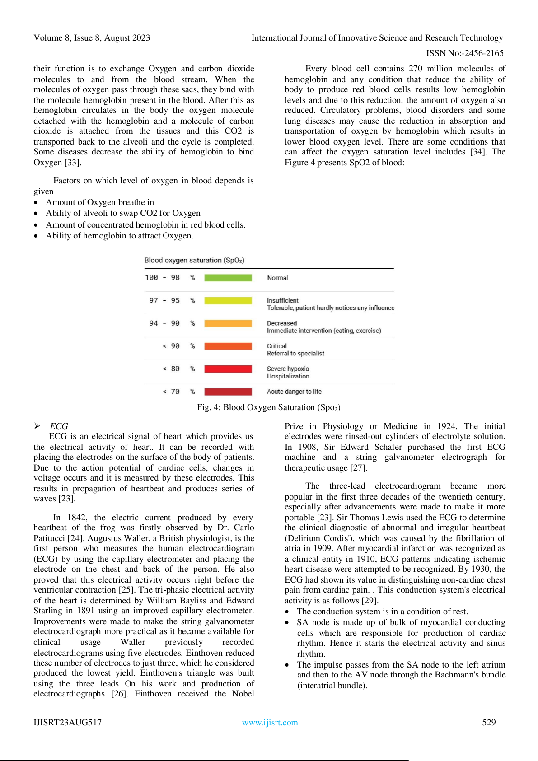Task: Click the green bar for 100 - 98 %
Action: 228,278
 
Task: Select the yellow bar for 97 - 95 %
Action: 228,301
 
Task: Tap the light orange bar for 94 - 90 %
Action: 228,323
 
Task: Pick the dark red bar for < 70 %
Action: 228,392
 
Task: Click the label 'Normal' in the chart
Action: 277,278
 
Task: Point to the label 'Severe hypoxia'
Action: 288,369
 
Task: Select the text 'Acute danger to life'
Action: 294,392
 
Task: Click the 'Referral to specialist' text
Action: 295,354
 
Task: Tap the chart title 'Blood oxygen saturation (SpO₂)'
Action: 194,260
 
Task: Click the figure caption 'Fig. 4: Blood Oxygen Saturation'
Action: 268,407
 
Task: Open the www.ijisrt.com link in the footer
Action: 270,723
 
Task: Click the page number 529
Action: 489,722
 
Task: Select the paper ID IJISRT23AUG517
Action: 67,723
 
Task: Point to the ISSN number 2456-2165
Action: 484,53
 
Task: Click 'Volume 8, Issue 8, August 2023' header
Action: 92,38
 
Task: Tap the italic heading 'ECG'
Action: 59,426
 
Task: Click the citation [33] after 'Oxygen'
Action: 72,163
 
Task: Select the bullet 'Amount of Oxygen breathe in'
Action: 100,202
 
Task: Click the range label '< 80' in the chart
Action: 171,369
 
